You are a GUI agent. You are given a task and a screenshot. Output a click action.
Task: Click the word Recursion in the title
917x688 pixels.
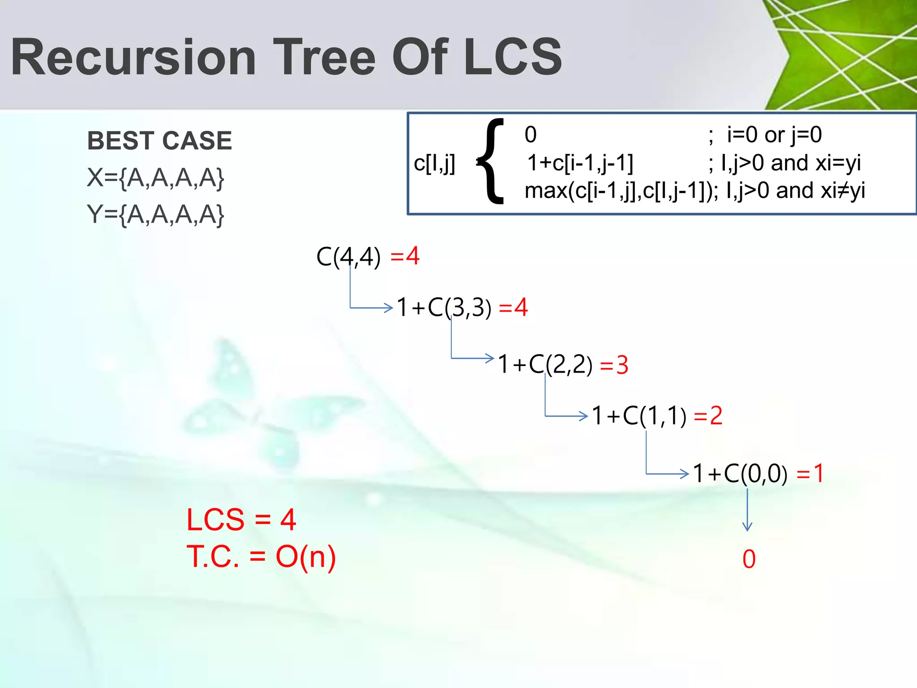click(x=133, y=57)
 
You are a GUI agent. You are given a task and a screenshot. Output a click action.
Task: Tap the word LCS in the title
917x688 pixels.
click(x=513, y=57)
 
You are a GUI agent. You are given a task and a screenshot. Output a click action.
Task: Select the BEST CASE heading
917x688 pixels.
click(x=159, y=141)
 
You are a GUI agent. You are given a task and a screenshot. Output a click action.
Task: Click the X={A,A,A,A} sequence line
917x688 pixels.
click(x=155, y=177)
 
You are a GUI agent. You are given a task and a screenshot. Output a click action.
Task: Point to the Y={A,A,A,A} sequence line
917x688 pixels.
click(x=155, y=214)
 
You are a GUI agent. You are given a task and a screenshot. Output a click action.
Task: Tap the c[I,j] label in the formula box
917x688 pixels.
click(x=434, y=163)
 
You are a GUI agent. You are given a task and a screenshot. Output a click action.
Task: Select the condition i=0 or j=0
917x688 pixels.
click(x=774, y=134)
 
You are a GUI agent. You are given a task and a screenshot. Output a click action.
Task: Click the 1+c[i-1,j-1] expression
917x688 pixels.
click(x=580, y=163)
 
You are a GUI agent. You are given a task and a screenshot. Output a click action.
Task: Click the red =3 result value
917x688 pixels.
click(x=614, y=365)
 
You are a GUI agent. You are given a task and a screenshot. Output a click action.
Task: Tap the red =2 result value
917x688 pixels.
click(x=708, y=416)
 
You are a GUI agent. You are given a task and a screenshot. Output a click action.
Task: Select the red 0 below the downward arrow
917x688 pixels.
click(x=749, y=559)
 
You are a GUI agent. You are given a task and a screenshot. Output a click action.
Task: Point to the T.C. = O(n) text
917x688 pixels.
click(x=261, y=557)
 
